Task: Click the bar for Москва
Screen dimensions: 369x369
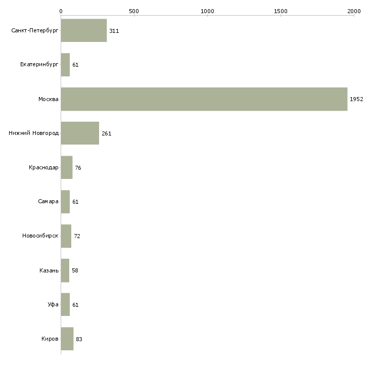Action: [204, 99]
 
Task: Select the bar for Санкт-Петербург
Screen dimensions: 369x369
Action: [84, 30]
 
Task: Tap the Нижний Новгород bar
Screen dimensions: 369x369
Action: [80, 133]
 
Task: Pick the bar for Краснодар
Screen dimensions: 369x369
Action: [67, 167]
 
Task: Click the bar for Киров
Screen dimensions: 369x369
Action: [67, 339]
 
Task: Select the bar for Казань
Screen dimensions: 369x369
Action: [65, 270]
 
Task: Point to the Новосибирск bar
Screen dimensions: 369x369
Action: [66, 236]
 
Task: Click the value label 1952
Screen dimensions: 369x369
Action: [356, 99]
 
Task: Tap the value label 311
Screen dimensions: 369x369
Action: [114, 31]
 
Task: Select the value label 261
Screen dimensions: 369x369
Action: [106, 133]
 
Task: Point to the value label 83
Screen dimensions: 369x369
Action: [79, 339]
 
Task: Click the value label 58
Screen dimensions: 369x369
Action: [75, 270]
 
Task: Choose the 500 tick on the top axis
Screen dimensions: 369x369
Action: [134, 15]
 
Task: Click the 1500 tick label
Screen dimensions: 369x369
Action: [281, 11]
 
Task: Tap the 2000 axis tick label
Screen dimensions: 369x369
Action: [354, 11]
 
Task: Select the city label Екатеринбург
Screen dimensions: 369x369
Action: [39, 65]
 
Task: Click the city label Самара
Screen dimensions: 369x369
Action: [48, 202]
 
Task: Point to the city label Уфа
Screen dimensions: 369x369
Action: [53, 304]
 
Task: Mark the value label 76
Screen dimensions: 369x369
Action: [78, 168]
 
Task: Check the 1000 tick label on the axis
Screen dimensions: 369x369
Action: [207, 11]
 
